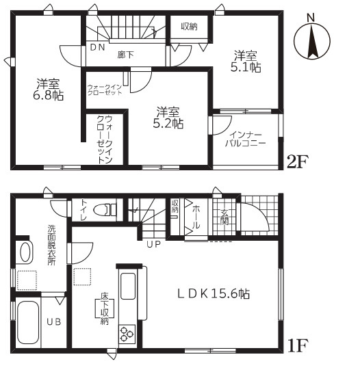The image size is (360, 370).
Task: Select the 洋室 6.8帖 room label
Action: tap(48, 90)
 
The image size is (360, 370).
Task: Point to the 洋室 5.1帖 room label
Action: tap(246, 62)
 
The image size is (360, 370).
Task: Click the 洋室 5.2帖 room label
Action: tap(168, 118)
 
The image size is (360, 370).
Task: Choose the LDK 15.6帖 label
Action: tap(214, 294)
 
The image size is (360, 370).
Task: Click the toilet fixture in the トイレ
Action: tap(105, 209)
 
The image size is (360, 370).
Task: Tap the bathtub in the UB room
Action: tap(28, 323)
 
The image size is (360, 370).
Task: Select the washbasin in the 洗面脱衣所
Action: tap(25, 252)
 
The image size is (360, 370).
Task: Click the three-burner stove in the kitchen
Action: tap(127, 334)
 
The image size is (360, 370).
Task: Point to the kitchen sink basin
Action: tap(128, 287)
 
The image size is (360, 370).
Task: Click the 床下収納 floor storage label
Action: tap(104, 308)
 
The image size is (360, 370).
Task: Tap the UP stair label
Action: tap(154, 244)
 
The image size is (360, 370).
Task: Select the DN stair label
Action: tap(97, 48)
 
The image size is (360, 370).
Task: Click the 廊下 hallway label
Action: tap(125, 55)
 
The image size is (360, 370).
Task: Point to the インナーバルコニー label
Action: tap(246, 140)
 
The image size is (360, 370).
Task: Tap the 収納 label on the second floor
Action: tap(189, 27)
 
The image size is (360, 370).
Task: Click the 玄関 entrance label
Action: tap(224, 217)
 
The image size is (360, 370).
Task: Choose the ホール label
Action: tap(196, 217)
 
